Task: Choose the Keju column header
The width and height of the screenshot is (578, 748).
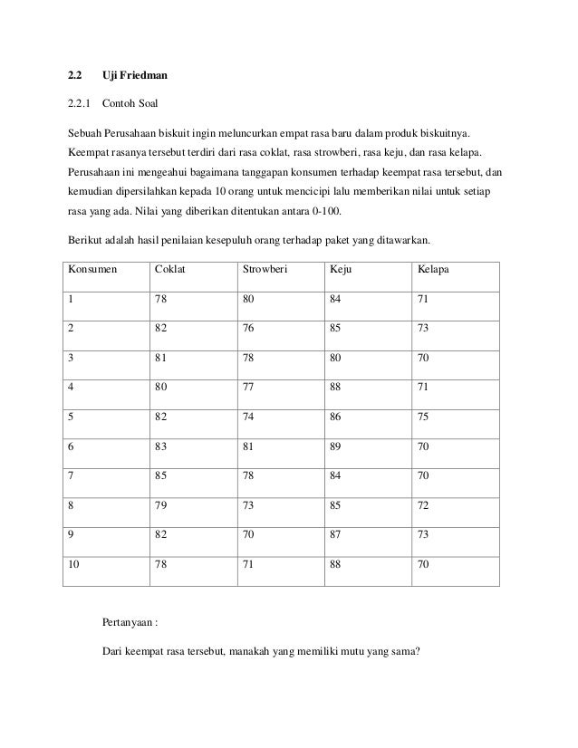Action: pyautogui.click(x=342, y=271)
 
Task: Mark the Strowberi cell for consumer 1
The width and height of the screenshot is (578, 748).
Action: pyautogui.click(x=249, y=300)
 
